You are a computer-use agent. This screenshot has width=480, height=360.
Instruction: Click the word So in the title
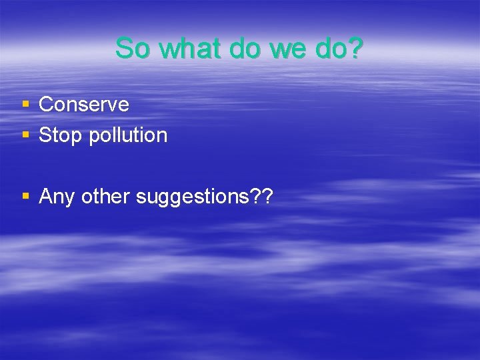[131, 49]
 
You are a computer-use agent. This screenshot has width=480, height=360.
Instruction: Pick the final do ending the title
[334, 49]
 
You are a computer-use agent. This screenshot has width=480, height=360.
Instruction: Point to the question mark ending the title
[357, 49]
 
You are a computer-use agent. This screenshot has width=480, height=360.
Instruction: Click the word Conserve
[84, 105]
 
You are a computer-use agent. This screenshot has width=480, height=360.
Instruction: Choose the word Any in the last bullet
[57, 197]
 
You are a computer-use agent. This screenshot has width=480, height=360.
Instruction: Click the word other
[106, 197]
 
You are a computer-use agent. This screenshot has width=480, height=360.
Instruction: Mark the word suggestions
[191, 198]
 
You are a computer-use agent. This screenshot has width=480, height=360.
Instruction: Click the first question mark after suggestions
[253, 197]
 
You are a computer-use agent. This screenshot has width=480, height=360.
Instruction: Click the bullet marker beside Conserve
[25, 105]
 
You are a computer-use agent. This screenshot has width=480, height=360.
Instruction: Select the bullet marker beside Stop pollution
[25, 135]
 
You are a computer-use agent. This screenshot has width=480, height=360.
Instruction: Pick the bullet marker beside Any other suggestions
[25, 197]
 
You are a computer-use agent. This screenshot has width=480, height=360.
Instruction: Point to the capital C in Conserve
[46, 105]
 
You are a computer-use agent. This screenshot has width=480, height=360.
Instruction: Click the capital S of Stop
[45, 135]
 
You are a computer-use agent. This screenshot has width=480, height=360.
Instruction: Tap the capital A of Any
[47, 197]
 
